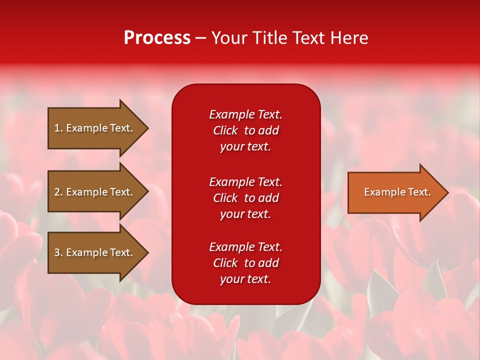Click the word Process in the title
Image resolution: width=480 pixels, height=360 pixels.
[157, 38]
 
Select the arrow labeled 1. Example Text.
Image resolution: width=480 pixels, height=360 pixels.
[95, 128]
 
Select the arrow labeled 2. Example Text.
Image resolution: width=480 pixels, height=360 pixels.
[95, 192]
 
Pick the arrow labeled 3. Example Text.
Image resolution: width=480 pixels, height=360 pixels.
[95, 252]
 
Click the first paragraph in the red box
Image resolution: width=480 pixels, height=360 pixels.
[245, 130]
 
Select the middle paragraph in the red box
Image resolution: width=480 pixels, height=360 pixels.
[245, 198]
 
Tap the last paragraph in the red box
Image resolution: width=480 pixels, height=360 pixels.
[245, 263]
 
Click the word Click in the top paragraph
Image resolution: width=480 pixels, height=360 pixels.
[225, 130]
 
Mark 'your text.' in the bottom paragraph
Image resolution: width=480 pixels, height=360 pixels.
[245, 279]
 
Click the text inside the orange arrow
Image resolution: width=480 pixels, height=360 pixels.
[397, 192]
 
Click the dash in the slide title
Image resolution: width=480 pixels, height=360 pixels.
[201, 38]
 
